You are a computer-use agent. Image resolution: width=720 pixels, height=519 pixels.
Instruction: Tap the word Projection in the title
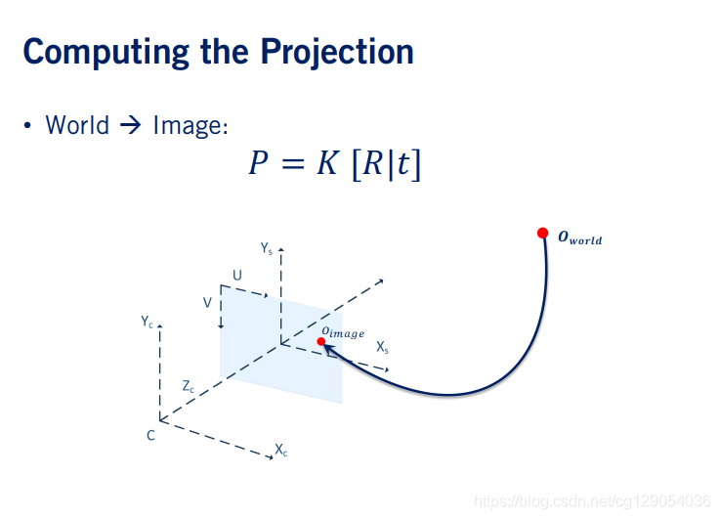coord(337,53)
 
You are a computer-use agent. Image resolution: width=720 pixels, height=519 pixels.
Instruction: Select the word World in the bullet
coord(77,125)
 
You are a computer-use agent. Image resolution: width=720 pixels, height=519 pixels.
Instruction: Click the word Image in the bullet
coord(191,126)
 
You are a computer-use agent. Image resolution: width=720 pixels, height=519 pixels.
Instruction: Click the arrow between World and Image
coord(131,125)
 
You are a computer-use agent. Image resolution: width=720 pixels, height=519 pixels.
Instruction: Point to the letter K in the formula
coord(328,163)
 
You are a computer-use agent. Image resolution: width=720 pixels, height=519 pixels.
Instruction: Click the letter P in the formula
coord(258,163)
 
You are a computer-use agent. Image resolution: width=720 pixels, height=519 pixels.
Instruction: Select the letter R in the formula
coord(372,163)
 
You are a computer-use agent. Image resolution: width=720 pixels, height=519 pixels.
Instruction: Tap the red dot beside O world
coord(543,233)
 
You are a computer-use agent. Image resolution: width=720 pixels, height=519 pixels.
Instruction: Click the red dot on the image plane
coord(321,341)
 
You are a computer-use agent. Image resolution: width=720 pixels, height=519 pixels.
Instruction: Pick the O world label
coord(580,238)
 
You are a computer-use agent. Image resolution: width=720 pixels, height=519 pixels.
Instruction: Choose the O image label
coord(343,332)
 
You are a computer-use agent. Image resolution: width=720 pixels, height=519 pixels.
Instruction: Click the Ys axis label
coord(267,248)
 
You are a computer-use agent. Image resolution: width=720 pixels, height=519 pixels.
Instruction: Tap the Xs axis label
coord(383,347)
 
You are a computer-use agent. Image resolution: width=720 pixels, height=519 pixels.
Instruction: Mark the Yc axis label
coord(147,321)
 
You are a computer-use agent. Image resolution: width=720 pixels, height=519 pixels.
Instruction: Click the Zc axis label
coord(189,386)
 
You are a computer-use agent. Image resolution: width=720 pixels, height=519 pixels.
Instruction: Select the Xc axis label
coord(281,450)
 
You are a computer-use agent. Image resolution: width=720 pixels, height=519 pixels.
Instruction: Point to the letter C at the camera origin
coord(150,435)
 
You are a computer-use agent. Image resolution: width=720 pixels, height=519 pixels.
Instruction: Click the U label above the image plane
coord(237,275)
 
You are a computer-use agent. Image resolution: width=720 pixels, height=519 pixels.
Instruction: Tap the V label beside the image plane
coord(207,303)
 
